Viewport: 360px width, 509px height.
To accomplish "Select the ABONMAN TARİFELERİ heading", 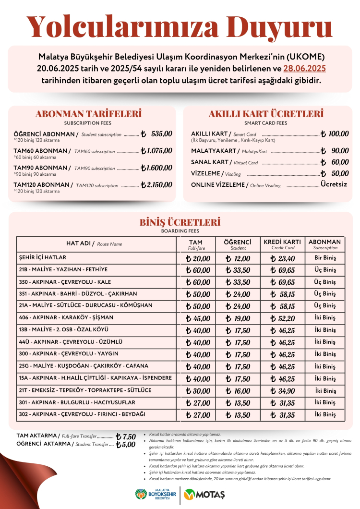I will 88,114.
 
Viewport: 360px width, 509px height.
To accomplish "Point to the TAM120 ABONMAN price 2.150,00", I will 157,185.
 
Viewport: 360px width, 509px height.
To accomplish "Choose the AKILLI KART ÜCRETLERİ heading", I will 266,114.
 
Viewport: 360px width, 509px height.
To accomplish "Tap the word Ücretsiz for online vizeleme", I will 335,184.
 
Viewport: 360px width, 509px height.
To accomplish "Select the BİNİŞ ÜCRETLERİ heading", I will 180,222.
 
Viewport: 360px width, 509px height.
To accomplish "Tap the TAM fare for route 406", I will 198,318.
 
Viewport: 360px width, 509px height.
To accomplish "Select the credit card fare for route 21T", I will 283,391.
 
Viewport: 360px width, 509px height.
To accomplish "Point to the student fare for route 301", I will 238,403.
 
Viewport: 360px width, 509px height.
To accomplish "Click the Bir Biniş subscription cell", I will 325,258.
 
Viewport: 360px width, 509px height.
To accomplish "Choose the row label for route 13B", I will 64,330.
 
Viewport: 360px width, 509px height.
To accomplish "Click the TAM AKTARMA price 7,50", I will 126,436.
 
